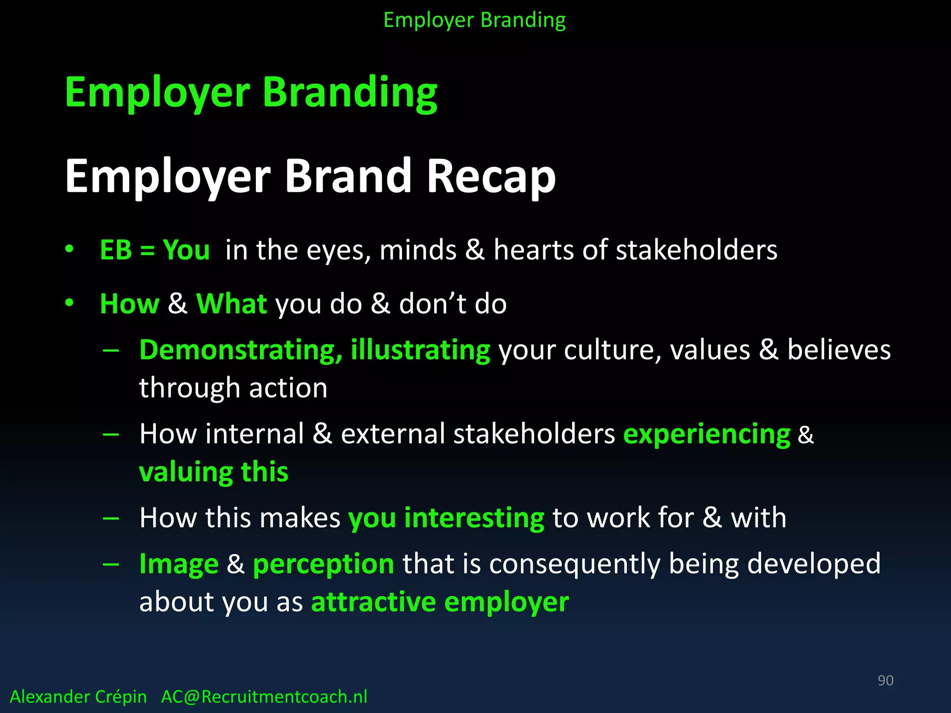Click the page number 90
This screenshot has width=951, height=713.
tap(885, 680)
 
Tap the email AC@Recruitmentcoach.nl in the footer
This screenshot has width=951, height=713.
tap(264, 697)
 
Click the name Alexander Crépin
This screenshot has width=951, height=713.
tap(78, 697)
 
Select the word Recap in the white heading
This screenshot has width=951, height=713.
tap(491, 176)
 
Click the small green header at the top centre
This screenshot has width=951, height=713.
tap(475, 20)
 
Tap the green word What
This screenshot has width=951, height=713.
tap(231, 304)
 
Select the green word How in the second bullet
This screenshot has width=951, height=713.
tap(129, 304)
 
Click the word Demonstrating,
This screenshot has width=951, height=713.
tap(241, 350)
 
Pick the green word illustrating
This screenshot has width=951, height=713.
tap(420, 350)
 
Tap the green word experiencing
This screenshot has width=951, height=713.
tap(706, 434)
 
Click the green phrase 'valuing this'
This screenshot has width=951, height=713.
tap(214, 472)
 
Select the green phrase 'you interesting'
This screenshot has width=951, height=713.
tap(446, 518)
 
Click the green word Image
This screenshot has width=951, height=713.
tap(179, 564)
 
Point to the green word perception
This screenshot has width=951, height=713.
tap(323, 564)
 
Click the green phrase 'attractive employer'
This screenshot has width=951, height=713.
tap(440, 602)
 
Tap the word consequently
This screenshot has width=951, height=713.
tap(574, 564)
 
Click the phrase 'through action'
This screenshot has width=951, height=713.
tap(233, 388)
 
